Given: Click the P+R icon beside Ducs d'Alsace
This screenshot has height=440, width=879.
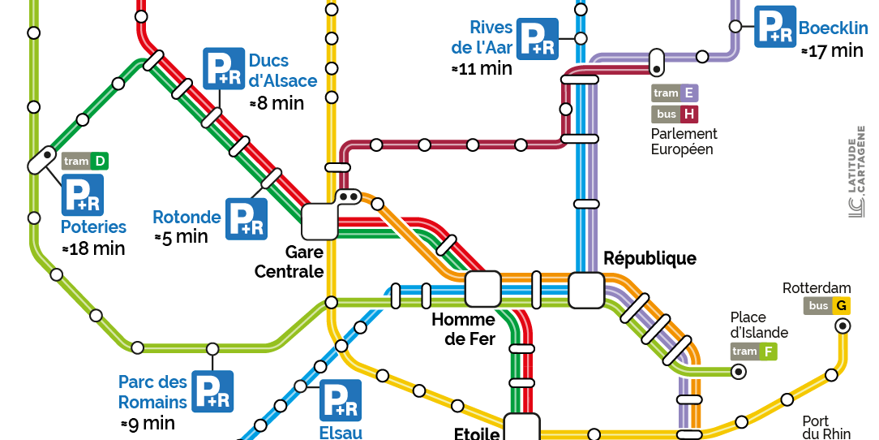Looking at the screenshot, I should click(x=223, y=68).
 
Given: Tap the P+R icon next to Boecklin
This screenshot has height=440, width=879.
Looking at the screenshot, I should click(x=774, y=27).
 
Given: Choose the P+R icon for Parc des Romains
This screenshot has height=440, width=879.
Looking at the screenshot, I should click(x=213, y=391).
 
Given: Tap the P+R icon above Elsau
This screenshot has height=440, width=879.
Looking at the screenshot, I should click(x=341, y=400).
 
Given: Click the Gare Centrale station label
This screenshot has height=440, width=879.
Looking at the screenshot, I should click(x=289, y=261).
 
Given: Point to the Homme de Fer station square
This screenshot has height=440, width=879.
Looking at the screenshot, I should click(x=483, y=289).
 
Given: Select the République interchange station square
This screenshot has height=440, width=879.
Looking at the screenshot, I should click(x=586, y=290).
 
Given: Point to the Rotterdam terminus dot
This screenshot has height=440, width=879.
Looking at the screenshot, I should click(x=843, y=326).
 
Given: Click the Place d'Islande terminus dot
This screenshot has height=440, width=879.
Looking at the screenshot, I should click(x=739, y=372).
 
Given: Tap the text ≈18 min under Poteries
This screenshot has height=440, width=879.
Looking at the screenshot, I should click(x=94, y=248).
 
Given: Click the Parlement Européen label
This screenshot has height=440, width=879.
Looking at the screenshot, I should click(x=684, y=141).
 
